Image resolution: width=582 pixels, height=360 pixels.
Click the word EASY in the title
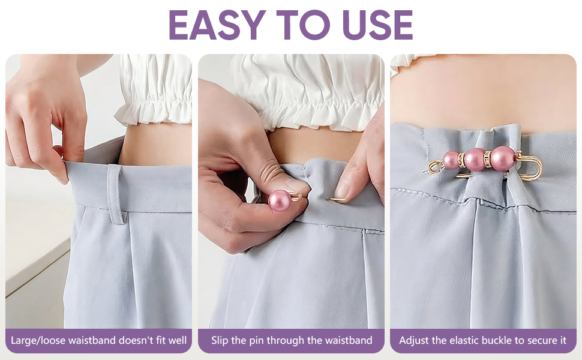218,25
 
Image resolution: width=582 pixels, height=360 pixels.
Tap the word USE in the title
377,25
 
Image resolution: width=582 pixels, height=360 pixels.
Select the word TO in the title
303,25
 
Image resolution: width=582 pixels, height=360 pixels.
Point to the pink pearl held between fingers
280,201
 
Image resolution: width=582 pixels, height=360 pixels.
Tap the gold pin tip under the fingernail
337,200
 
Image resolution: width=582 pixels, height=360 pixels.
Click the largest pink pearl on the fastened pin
503,158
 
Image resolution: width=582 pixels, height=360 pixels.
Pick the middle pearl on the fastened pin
475,160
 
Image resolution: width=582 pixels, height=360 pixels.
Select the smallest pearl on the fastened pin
451,160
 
